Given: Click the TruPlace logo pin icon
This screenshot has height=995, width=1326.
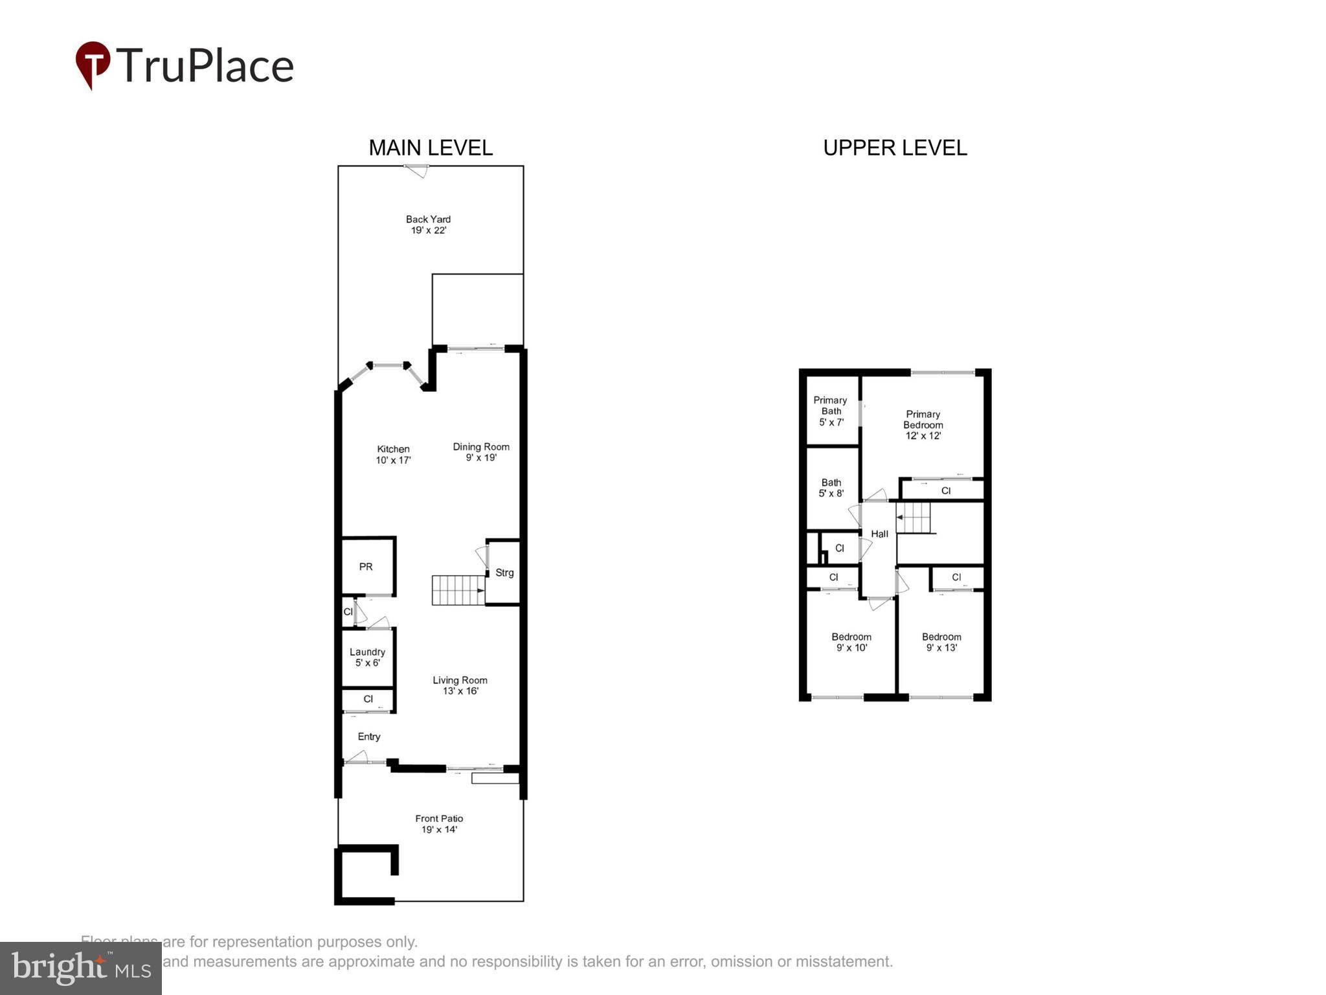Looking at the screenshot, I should pyautogui.click(x=93, y=64).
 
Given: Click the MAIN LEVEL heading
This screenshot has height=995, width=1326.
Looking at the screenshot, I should pyautogui.click(x=431, y=148).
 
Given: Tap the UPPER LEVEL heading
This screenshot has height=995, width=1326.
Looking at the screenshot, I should pyautogui.click(x=895, y=148).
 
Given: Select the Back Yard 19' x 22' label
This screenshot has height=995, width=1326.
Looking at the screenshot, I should pyautogui.click(x=428, y=225).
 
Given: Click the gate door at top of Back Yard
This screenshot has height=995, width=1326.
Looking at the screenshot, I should pyautogui.click(x=416, y=170).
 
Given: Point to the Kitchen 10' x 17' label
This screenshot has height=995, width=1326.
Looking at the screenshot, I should pyautogui.click(x=393, y=455).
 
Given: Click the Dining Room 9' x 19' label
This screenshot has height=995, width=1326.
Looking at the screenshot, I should pyautogui.click(x=481, y=452).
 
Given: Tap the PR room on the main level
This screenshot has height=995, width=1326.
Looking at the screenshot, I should pyautogui.click(x=366, y=566).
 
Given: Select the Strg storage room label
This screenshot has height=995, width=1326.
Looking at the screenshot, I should pyautogui.click(x=504, y=573).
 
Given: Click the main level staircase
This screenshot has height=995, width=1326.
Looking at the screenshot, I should pyautogui.click(x=458, y=590).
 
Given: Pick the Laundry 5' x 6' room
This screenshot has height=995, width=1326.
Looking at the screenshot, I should pyautogui.click(x=367, y=657).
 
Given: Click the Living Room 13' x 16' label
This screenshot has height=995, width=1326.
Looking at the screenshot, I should pyautogui.click(x=460, y=685).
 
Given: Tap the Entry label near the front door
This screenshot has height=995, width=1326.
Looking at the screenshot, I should pyautogui.click(x=369, y=737).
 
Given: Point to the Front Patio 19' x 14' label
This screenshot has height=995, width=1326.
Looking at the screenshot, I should pyautogui.click(x=439, y=824).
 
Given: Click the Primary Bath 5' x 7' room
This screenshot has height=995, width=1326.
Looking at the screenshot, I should pyautogui.click(x=831, y=411).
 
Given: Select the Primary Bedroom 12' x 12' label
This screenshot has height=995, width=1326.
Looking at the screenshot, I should pyautogui.click(x=923, y=425).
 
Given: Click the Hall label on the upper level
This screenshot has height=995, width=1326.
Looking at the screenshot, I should pyautogui.click(x=879, y=534).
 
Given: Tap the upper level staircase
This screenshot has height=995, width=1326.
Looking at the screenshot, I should pyautogui.click(x=914, y=518).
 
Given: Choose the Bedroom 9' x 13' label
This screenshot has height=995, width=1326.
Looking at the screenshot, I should pyautogui.click(x=941, y=642).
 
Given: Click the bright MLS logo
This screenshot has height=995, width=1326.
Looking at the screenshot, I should pyautogui.click(x=81, y=968).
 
